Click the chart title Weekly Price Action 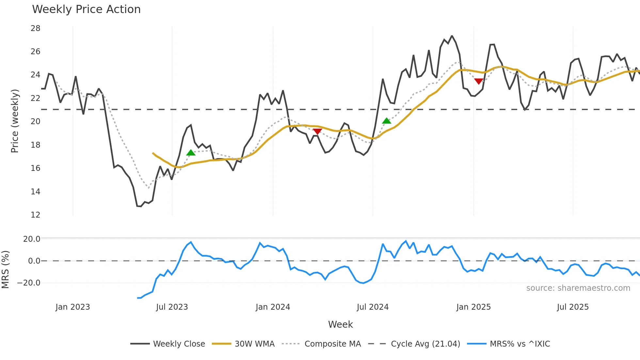point(86,9)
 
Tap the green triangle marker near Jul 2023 point(191,153)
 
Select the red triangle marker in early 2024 point(317,131)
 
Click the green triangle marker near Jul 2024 point(387,121)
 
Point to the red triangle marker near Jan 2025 point(479,81)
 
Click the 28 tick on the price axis point(36,28)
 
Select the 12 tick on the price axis point(36,215)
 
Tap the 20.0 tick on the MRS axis point(32,239)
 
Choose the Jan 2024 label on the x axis point(273,307)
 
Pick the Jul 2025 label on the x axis point(573,307)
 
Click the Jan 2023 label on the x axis point(72,307)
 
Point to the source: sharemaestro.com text point(578,288)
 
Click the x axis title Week point(340,324)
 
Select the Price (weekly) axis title point(15,121)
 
